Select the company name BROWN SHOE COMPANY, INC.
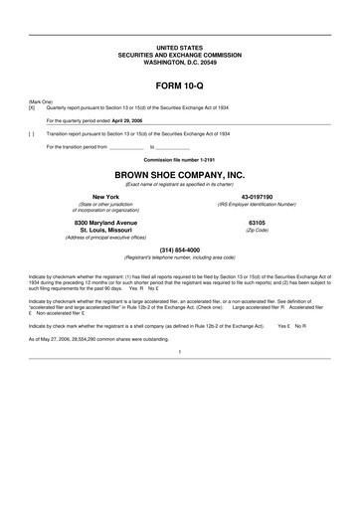[x=179, y=174]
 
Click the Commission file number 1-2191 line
[x=179, y=158]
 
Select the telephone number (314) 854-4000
[x=179, y=249]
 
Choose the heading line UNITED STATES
[x=179, y=48]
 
